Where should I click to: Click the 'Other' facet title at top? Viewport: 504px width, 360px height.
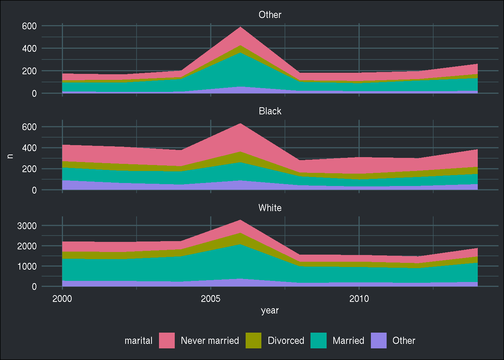pos(270,15)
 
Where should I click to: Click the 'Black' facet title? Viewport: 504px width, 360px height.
pos(270,111)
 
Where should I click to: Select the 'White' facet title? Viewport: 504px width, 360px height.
pos(270,208)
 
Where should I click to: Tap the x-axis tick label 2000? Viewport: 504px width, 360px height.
pos(62,299)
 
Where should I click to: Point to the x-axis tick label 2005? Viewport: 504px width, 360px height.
pos(210,299)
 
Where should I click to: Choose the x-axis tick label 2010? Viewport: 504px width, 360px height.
pos(359,299)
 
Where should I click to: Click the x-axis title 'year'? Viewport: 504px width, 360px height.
pos(270,310)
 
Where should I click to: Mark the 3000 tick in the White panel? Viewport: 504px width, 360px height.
pos(27,226)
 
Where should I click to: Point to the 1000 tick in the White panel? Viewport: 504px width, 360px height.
pos(27,266)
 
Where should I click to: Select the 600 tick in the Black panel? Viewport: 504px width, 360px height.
pos(29,127)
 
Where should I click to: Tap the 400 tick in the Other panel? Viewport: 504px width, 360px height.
pos(29,48)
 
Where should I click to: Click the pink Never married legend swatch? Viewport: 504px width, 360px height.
pos(167,340)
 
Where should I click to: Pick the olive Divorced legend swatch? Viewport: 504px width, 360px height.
pos(253,340)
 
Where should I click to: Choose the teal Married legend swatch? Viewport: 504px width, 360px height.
pos(318,340)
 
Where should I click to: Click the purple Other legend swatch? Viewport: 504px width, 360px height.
pos(379,340)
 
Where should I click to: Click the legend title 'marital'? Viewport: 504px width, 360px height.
pos(138,340)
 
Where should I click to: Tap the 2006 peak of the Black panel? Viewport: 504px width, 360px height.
pos(240,124)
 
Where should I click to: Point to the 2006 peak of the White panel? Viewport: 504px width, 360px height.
pos(240,220)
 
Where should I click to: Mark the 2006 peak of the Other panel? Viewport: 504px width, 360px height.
pos(240,27)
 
